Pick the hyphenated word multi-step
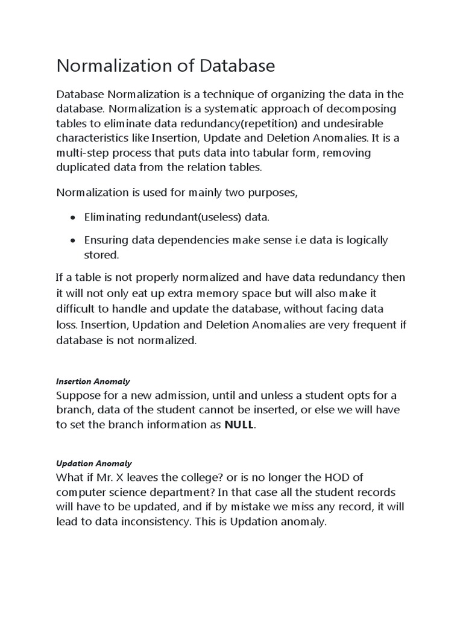pos(83,153)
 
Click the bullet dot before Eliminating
pos(73,217)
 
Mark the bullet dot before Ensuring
pos(73,240)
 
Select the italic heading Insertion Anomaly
pos(93,381)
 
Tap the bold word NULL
pos(239,425)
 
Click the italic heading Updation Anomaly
pos(93,463)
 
